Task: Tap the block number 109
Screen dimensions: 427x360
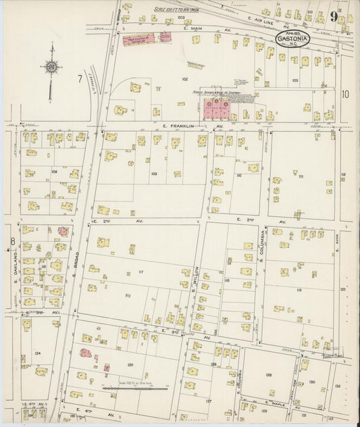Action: point(155,174)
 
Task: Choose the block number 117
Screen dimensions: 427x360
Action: point(141,272)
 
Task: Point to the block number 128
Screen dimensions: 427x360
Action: point(268,374)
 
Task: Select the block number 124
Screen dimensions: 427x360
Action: point(38,353)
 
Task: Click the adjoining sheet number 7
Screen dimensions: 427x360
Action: point(79,80)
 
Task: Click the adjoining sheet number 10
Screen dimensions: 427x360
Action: point(345,95)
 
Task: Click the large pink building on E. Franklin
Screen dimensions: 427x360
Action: point(218,109)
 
